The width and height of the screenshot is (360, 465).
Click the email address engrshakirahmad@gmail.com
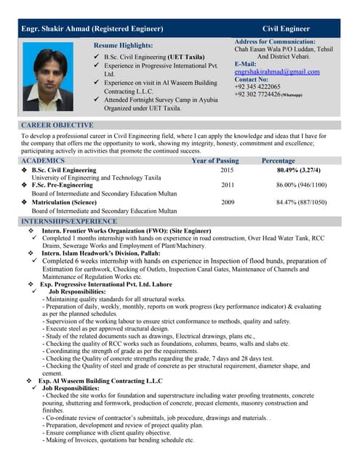click(x=276, y=72)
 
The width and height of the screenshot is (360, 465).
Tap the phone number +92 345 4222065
click(x=260, y=87)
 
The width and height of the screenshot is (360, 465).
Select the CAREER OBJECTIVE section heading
click(x=57, y=126)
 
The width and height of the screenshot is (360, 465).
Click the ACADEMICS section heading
click(x=43, y=160)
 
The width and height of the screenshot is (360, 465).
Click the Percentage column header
click(x=278, y=160)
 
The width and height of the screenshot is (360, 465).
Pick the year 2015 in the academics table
click(x=227, y=169)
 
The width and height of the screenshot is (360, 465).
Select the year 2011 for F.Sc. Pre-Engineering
click(x=228, y=185)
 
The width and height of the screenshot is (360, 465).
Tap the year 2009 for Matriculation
click(x=228, y=202)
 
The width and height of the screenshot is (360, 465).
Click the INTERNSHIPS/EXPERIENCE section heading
click(x=69, y=220)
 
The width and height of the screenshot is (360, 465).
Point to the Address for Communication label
click(x=275, y=42)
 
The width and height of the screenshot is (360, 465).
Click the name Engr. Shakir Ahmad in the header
click(x=92, y=28)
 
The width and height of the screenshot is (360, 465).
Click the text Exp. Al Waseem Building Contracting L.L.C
click(x=100, y=380)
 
